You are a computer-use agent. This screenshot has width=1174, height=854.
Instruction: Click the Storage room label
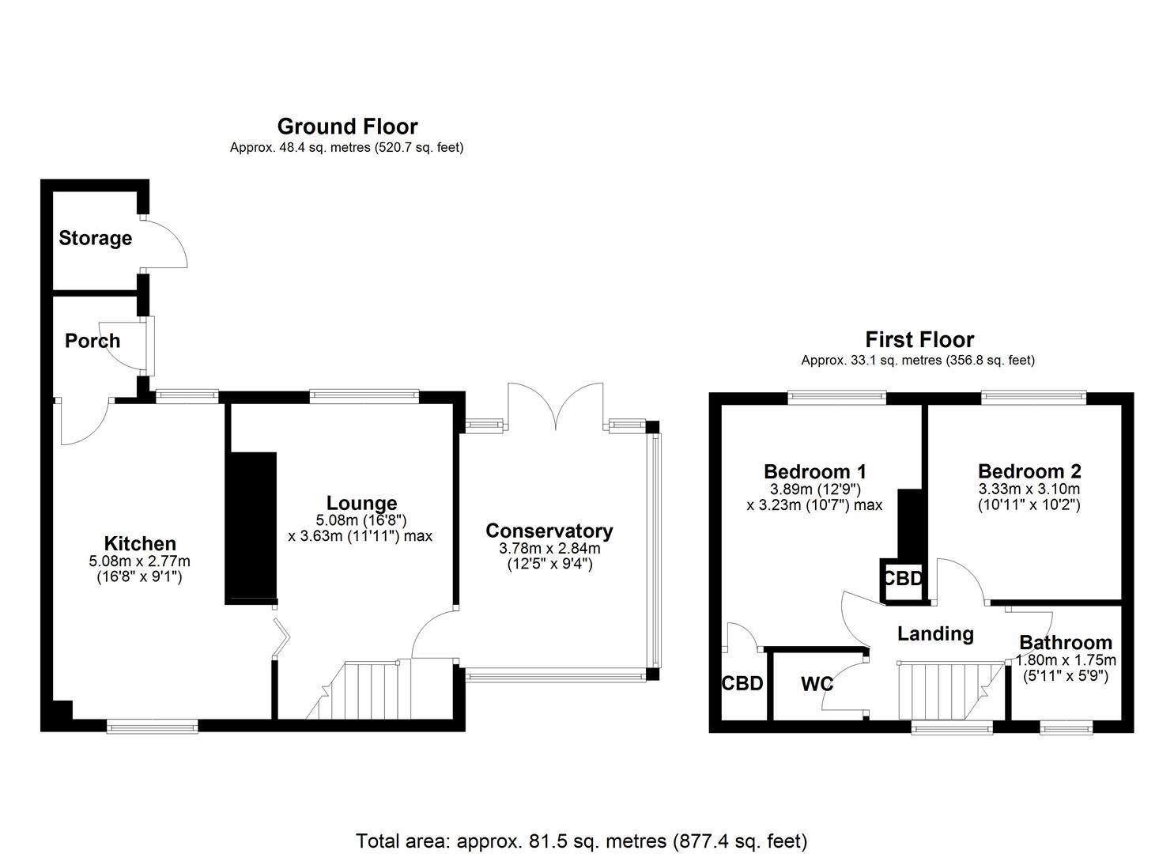point(95,238)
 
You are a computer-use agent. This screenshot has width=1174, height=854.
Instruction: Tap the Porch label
point(92,341)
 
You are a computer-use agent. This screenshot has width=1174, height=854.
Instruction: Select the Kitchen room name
point(140,543)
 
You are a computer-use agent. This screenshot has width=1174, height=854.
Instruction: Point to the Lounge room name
point(361,503)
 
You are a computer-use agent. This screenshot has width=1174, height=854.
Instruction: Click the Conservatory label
point(549,531)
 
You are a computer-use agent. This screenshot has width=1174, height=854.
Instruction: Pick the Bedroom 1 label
point(814,471)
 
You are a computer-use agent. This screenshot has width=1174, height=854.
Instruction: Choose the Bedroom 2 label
point(1029,471)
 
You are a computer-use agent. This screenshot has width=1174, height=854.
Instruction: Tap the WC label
point(817,683)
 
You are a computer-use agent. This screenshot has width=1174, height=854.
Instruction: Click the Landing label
point(935,633)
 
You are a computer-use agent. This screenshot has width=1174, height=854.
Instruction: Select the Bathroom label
point(1065,642)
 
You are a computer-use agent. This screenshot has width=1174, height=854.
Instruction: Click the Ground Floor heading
point(347,127)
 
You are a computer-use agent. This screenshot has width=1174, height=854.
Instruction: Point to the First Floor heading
point(919,340)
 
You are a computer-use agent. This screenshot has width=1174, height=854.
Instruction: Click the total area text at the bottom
point(581,841)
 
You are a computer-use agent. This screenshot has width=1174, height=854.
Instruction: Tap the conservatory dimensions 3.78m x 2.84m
point(549,548)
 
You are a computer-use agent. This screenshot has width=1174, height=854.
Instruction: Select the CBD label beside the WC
point(742,683)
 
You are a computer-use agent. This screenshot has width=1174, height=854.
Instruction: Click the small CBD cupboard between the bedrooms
point(902,579)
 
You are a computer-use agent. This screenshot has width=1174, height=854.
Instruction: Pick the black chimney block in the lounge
point(251,528)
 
